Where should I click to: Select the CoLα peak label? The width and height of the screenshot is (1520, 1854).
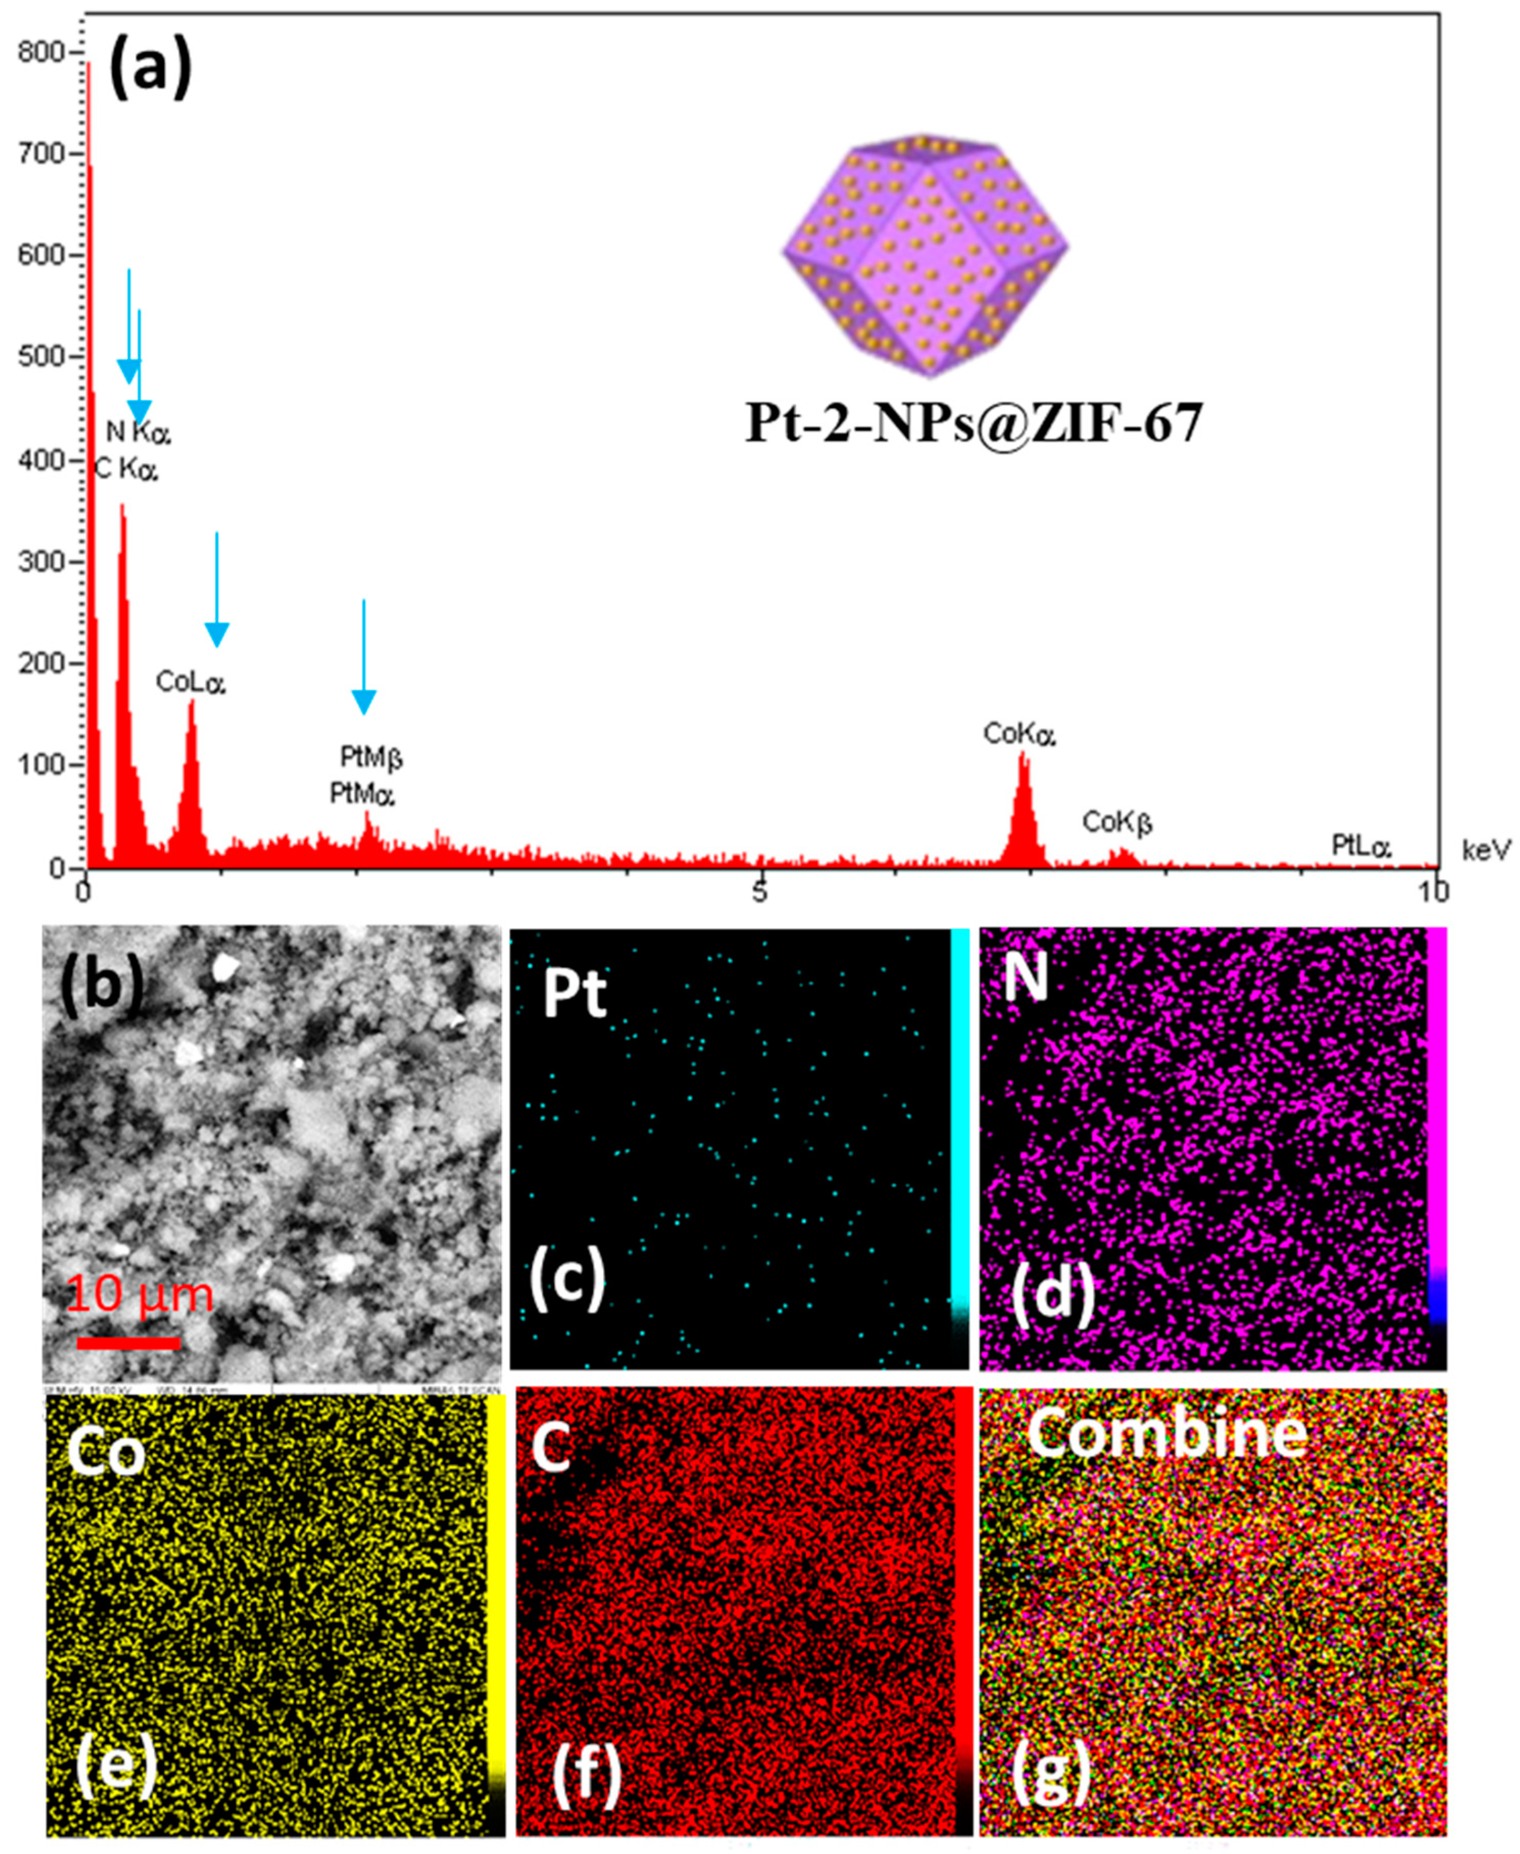191,682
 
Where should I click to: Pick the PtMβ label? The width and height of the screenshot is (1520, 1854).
371,756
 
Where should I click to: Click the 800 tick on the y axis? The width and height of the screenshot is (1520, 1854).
41,53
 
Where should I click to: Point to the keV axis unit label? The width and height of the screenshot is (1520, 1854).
1486,849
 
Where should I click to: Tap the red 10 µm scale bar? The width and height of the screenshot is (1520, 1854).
129,1344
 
